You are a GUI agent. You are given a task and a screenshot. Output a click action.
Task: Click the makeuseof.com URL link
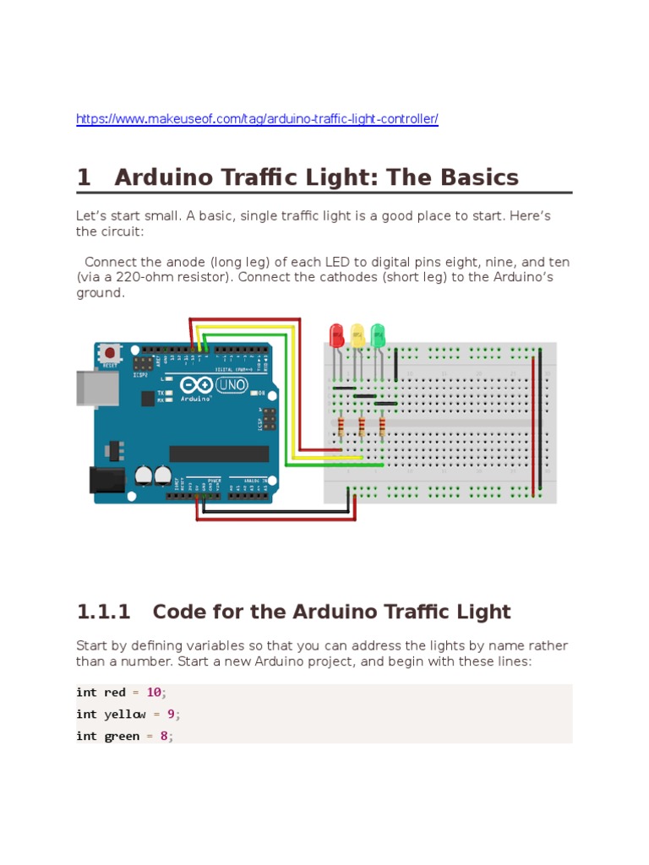pyautogui.click(x=257, y=119)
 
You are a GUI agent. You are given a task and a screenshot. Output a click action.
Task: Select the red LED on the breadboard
pyautogui.click(x=336, y=335)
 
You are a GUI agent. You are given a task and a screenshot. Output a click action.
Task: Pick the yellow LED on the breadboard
pyautogui.click(x=357, y=335)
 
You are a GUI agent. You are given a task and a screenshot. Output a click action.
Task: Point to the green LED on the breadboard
pyautogui.click(x=377, y=335)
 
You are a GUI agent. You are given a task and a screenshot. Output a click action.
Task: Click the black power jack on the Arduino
pyautogui.click(x=106, y=479)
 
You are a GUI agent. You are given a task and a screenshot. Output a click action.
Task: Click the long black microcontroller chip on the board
pyautogui.click(x=219, y=454)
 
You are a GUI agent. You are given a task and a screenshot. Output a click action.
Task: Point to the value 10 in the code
pyautogui.click(x=154, y=693)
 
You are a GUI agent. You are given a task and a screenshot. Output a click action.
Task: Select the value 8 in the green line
pyautogui.click(x=164, y=737)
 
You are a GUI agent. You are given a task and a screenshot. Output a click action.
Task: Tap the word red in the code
pyautogui.click(x=114, y=693)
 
